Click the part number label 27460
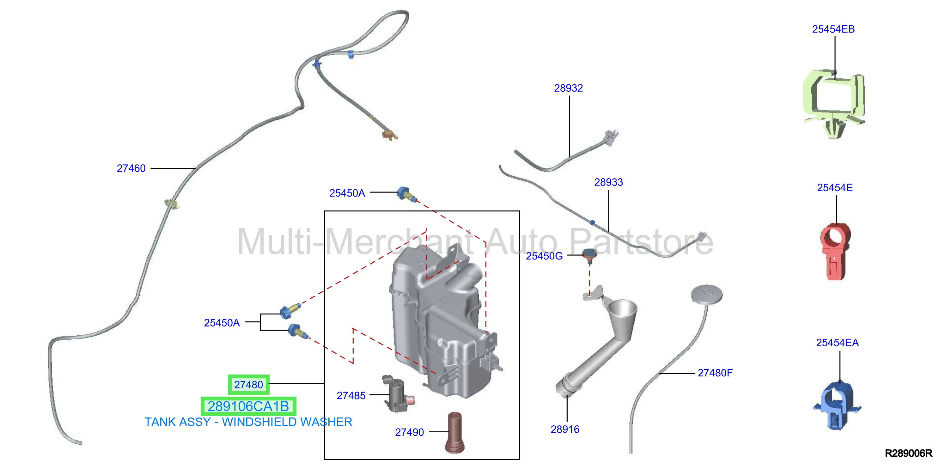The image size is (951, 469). (131, 168)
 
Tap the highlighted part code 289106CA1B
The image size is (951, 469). (248, 406)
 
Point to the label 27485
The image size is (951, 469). (351, 395)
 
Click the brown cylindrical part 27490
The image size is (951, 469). (455, 433)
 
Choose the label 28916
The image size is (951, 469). (565, 429)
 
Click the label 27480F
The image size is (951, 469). (715, 373)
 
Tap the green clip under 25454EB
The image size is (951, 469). (834, 103)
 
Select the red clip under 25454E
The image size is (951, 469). (835, 251)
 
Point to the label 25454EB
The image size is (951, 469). (833, 29)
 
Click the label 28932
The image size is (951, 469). (568, 88)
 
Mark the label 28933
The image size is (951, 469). (608, 182)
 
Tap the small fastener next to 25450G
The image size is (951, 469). (589, 256)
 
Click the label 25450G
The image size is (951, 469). (544, 256)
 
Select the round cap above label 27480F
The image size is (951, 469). (707, 294)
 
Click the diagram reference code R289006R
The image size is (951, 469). (908, 453)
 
